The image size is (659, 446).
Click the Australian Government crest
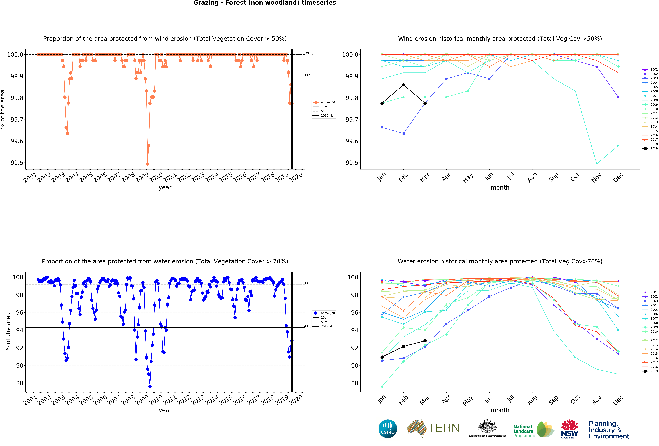pos(487,426)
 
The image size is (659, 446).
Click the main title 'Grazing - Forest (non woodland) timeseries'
pos(265,3)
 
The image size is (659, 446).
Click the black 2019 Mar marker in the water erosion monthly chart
pos(425,341)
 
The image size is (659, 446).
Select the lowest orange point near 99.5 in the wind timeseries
pos(147,164)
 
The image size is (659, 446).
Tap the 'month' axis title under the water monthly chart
pos(500,410)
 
